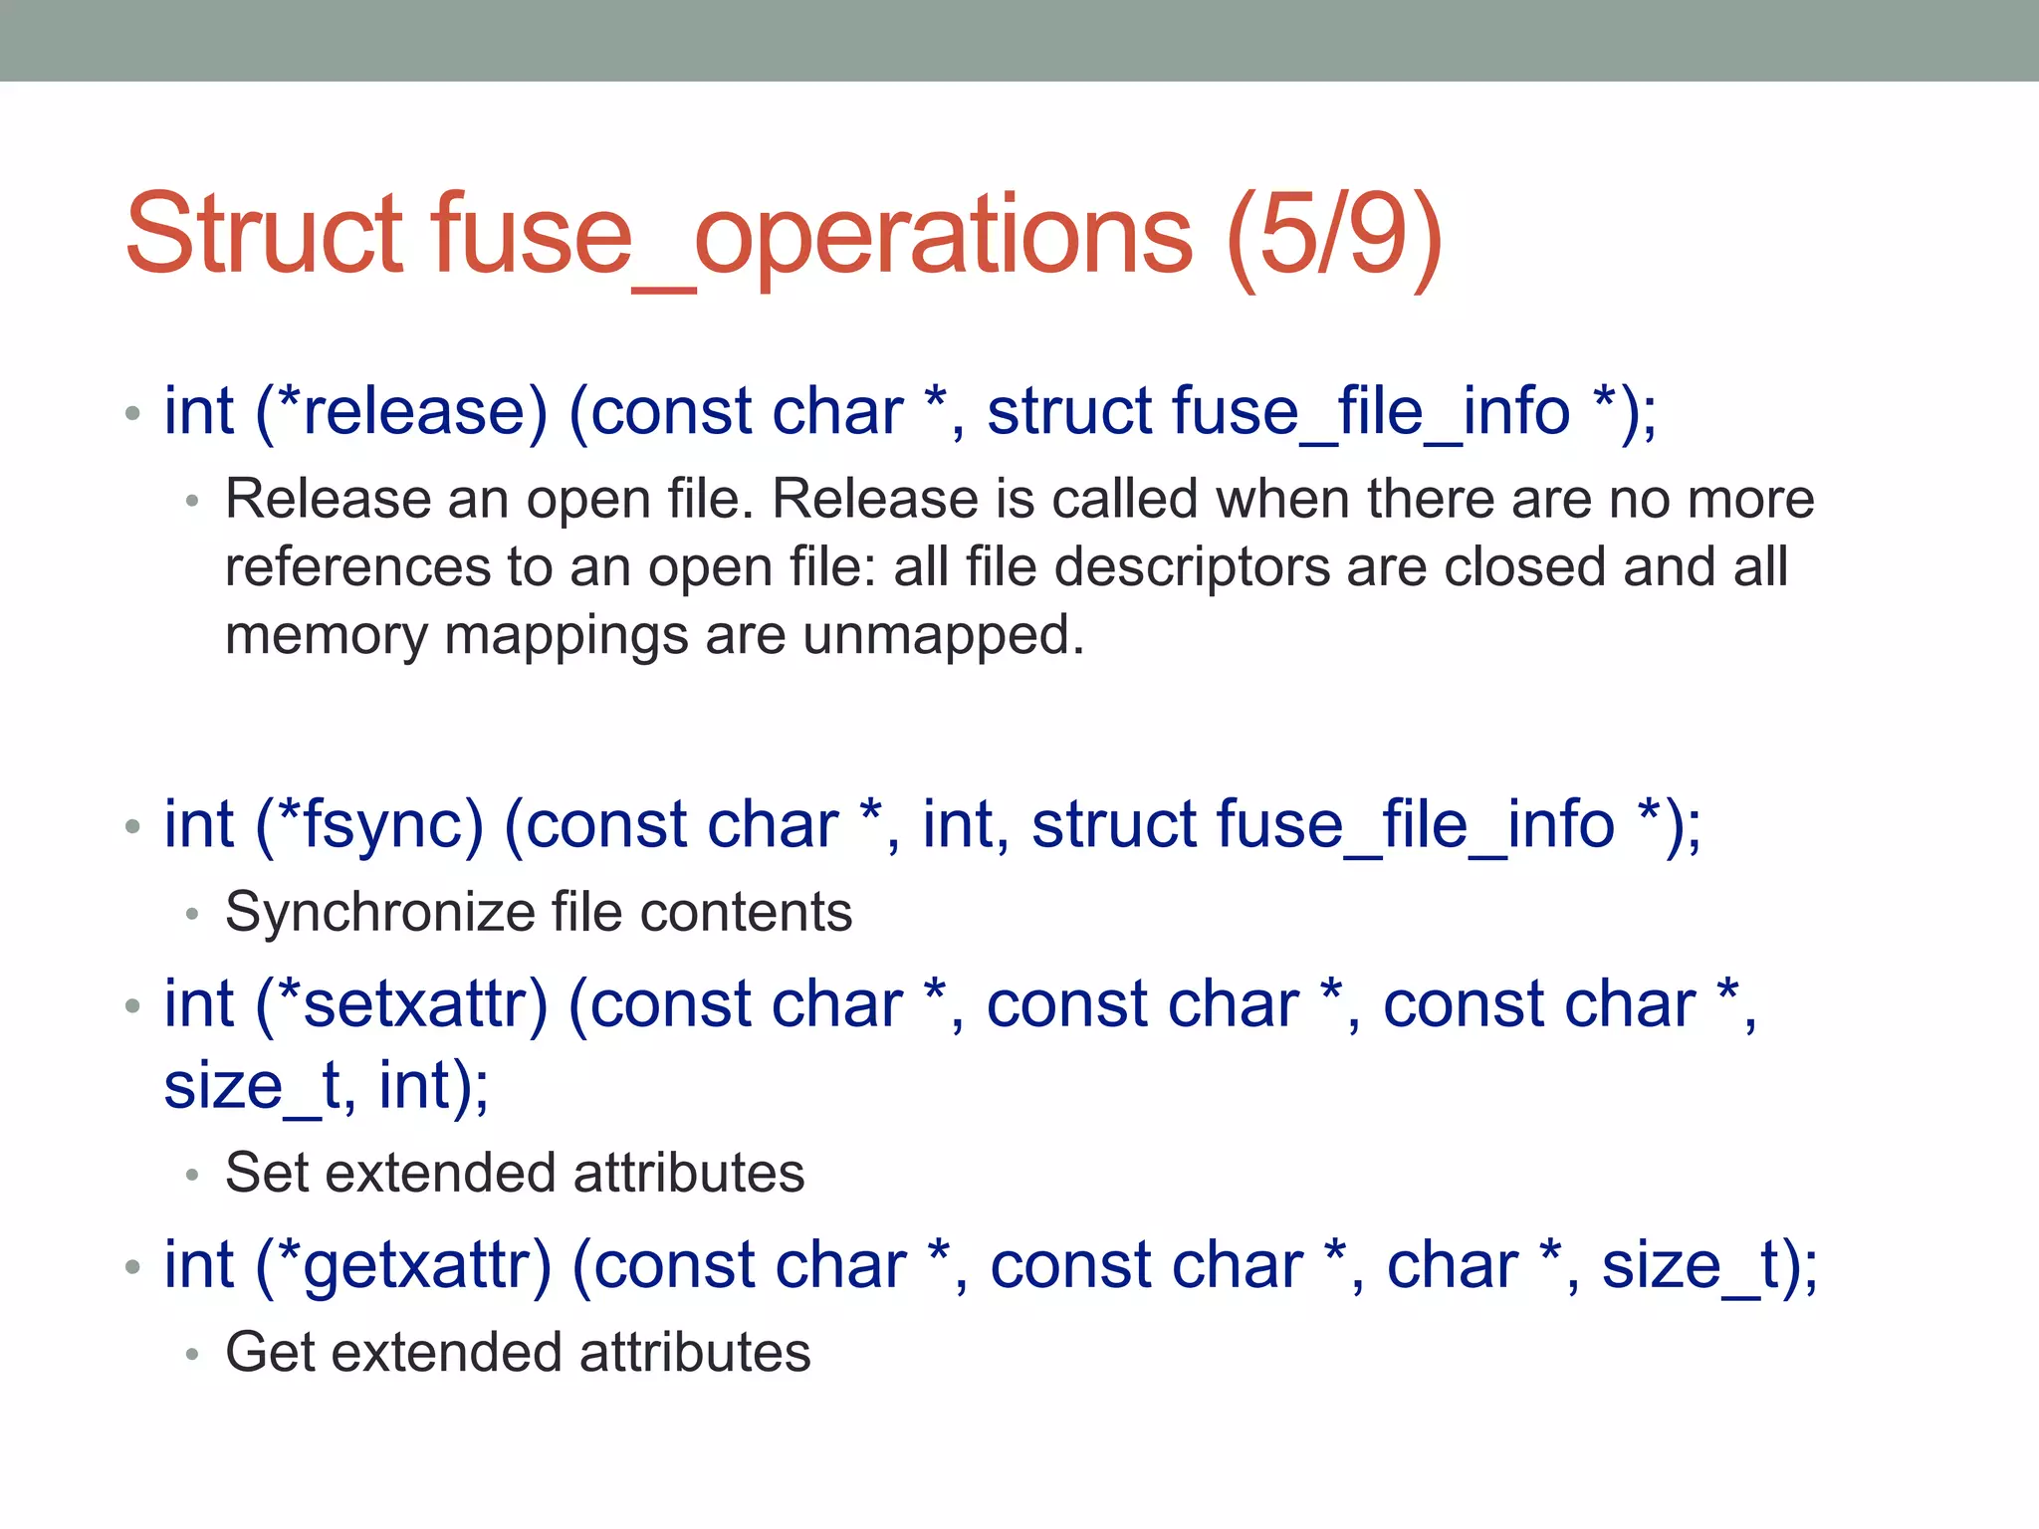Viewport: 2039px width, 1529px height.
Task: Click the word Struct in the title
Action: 265,234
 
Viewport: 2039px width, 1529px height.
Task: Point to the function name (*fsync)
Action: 369,824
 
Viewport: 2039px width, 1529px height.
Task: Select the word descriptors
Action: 1192,566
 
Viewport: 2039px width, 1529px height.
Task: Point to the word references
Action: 357,566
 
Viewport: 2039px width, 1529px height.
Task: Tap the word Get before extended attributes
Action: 270,1352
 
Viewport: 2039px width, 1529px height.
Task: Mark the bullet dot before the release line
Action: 133,412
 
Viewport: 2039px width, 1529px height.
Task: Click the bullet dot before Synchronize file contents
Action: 193,913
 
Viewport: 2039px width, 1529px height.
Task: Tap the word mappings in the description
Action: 566,635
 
